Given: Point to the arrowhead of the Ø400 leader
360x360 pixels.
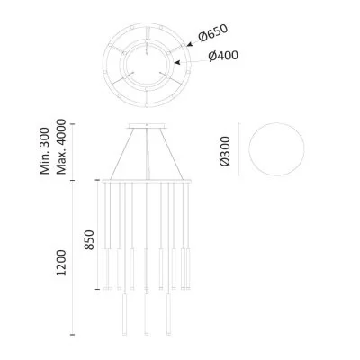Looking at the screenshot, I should tap(174, 62).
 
